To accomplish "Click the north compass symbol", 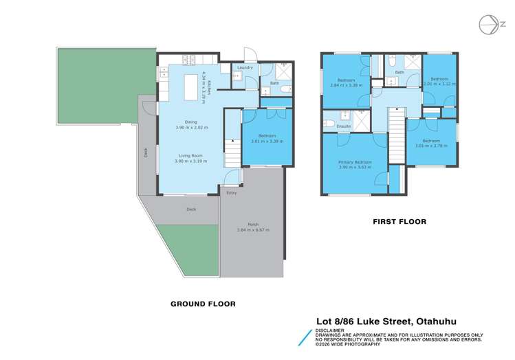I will click(489, 23).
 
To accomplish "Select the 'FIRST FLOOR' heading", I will click(399, 221).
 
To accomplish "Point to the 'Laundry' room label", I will click(245, 67).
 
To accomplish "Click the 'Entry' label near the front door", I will click(231, 193).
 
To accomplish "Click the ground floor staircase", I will click(232, 153).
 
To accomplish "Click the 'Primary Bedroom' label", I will click(355, 162).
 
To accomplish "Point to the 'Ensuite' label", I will click(344, 126).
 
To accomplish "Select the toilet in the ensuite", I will click(329, 123).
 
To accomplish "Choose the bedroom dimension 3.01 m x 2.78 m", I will click(431, 145).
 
